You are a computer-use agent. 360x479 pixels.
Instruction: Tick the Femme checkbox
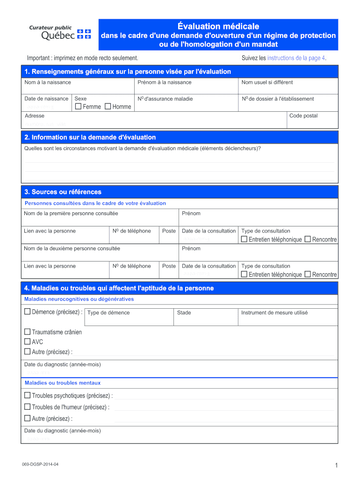tap(78, 107)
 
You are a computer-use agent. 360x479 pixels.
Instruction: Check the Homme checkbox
tap(108, 107)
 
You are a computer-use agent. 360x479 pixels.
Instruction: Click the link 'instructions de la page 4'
tap(296, 58)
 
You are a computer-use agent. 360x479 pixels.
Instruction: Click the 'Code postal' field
tap(312, 123)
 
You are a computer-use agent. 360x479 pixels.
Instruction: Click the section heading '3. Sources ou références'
tap(63, 192)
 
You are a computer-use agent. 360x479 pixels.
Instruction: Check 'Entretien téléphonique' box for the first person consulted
tap(244, 239)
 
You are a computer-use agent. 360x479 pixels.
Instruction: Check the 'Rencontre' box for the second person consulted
tap(308, 275)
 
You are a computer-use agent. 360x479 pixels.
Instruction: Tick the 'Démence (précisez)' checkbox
tap(27, 312)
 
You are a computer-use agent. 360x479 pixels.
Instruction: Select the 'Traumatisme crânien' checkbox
tap(27, 332)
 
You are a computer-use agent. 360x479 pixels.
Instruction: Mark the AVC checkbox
tap(27, 342)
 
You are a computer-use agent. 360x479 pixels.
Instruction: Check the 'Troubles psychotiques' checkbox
tap(27, 396)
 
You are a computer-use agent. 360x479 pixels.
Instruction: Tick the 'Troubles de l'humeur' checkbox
tap(27, 407)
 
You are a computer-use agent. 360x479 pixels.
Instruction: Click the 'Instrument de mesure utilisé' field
tap(288, 319)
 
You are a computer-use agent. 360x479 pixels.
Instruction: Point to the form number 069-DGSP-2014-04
tap(40, 464)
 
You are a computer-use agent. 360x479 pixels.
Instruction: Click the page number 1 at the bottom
tap(336, 465)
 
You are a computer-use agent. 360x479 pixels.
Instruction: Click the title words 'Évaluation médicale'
tap(218, 26)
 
